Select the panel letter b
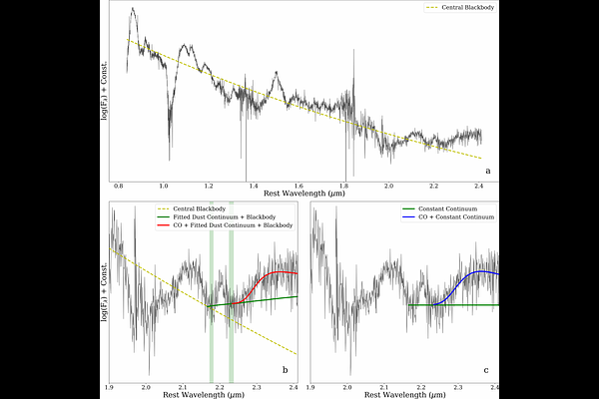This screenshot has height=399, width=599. pyautogui.click(x=285, y=371)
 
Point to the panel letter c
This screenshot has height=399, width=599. pyautogui.click(x=485, y=371)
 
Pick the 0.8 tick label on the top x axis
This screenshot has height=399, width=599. pyautogui.click(x=119, y=186)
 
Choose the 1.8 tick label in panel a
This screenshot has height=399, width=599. pyautogui.click(x=343, y=186)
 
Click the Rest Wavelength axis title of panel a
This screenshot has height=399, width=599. pyautogui.click(x=299, y=196)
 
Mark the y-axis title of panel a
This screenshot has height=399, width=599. pyautogui.click(x=103, y=92)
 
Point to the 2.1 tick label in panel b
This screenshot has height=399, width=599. pyautogui.click(x=184, y=385)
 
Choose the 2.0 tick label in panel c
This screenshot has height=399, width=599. pyautogui.click(x=347, y=385)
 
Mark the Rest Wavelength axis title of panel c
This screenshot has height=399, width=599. pyautogui.click(x=404, y=394)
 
